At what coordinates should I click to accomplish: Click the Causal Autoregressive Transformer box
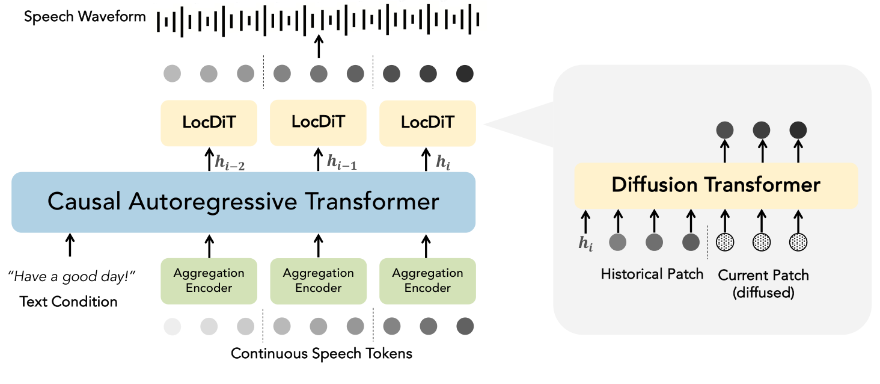(x=243, y=202)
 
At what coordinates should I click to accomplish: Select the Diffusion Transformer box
(x=715, y=185)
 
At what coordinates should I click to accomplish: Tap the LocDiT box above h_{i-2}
(x=209, y=123)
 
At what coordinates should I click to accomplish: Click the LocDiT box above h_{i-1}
(x=318, y=122)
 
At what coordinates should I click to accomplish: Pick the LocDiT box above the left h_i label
(x=427, y=123)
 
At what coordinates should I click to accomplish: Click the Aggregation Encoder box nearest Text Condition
(x=209, y=280)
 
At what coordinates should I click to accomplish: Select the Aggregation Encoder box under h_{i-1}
(x=318, y=280)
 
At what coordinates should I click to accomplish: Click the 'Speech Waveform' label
(x=85, y=16)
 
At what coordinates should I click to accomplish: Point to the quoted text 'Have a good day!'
(x=72, y=277)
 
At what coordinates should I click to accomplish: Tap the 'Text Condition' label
(x=69, y=301)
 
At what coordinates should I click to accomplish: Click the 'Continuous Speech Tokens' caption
(x=322, y=353)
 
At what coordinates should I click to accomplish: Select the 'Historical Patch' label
(x=652, y=274)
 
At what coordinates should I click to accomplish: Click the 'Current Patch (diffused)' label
(x=763, y=283)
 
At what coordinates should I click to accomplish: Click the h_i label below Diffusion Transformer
(x=585, y=243)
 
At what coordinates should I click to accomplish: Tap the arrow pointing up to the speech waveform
(x=319, y=46)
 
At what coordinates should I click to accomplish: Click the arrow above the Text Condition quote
(x=70, y=246)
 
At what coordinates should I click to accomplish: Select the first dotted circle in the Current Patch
(x=725, y=242)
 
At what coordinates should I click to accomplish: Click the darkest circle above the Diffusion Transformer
(x=798, y=129)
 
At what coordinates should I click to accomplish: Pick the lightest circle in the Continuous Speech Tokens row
(x=172, y=327)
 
